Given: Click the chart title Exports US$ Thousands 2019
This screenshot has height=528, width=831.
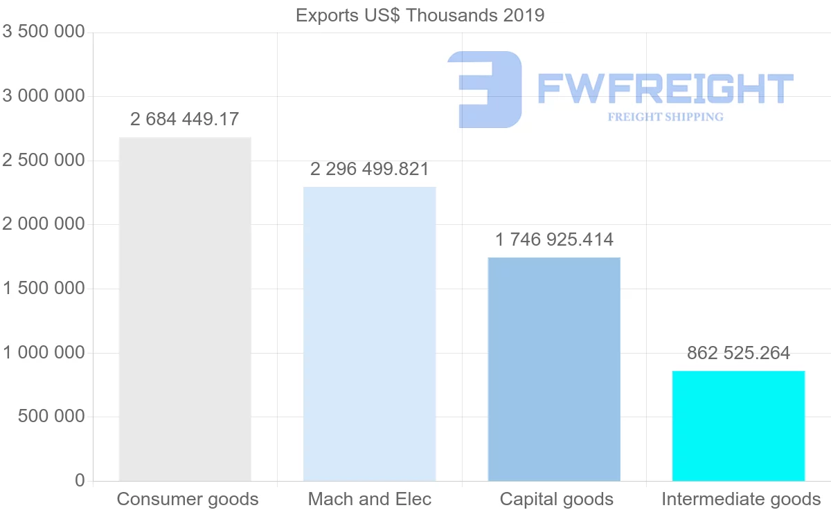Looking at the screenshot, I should pyautogui.click(x=420, y=15).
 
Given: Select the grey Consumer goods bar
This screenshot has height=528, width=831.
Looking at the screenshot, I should pyautogui.click(x=185, y=309).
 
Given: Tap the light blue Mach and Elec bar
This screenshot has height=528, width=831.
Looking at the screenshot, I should pyautogui.click(x=370, y=334).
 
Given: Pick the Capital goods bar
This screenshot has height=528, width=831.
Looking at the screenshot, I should pyautogui.click(x=554, y=369).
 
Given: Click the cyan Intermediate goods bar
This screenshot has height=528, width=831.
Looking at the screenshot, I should pyautogui.click(x=738, y=426).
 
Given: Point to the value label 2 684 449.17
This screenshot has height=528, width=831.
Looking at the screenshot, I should pyautogui.click(x=184, y=119).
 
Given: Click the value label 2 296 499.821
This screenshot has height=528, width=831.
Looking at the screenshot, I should pyautogui.click(x=370, y=169).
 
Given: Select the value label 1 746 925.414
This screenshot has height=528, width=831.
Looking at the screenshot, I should pyautogui.click(x=554, y=240).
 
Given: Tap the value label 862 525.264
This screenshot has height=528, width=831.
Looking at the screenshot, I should pyautogui.click(x=738, y=353).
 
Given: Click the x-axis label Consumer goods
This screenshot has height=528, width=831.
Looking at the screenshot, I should pyautogui.click(x=188, y=499).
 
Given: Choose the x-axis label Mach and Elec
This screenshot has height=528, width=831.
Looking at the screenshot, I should pyautogui.click(x=370, y=499).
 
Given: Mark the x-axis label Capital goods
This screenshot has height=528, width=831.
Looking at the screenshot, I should pyautogui.click(x=557, y=499).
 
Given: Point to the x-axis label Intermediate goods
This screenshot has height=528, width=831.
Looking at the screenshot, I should pyautogui.click(x=741, y=499).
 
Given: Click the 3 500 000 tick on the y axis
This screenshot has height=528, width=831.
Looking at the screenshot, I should pyautogui.click(x=44, y=32).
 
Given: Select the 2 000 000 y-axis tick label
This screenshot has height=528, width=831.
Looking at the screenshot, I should pyautogui.click(x=44, y=224).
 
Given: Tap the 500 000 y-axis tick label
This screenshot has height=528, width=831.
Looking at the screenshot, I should pyautogui.click(x=51, y=417).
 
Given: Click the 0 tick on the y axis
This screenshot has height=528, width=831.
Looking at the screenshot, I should pyautogui.click(x=80, y=481).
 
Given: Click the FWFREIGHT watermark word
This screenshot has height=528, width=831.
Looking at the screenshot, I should pyautogui.click(x=665, y=89).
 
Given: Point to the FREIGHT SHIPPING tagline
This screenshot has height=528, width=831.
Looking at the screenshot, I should pyautogui.click(x=665, y=117).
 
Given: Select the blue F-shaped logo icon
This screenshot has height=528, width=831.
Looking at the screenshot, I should pyautogui.click(x=486, y=89).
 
